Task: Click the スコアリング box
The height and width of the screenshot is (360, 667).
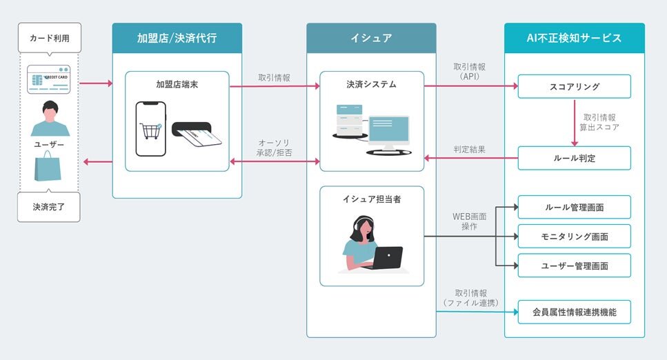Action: click(x=574, y=86)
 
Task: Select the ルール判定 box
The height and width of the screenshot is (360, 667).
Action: click(x=574, y=158)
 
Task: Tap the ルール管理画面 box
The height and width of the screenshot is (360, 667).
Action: click(x=574, y=207)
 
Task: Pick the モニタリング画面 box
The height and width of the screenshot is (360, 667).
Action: click(x=574, y=236)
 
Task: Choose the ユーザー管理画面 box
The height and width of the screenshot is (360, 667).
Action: click(x=574, y=265)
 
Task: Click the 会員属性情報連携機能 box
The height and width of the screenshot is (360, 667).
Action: click(x=574, y=312)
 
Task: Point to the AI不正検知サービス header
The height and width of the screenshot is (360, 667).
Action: click(x=574, y=38)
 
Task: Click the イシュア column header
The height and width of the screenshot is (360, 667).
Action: click(x=371, y=38)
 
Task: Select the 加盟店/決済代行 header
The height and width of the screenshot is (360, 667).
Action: click(x=177, y=38)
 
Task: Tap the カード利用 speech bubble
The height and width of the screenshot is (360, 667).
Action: click(x=49, y=37)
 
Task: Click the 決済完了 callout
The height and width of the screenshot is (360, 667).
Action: click(x=49, y=206)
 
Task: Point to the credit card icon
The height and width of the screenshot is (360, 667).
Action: click(x=49, y=79)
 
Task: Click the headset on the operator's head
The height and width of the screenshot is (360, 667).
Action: click(x=363, y=223)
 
